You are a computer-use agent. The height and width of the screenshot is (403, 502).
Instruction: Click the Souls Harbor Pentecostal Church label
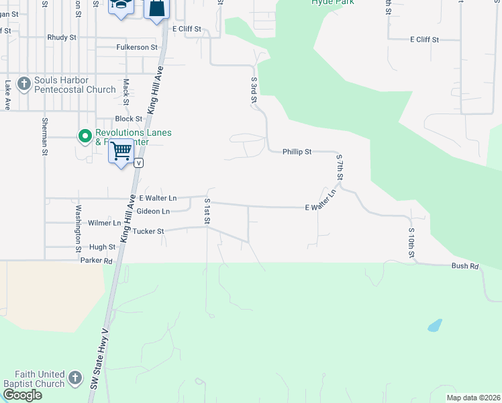[75, 85]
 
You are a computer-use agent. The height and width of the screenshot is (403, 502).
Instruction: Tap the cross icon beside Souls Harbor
[24, 85]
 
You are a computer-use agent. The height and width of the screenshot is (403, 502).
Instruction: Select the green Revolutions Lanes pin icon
[85, 137]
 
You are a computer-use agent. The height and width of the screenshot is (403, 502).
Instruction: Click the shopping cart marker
[121, 152]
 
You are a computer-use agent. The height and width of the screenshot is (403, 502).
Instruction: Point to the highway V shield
[139, 163]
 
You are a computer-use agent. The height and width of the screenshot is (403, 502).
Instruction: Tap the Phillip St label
[297, 152]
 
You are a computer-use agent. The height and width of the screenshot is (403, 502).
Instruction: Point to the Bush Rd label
[464, 267]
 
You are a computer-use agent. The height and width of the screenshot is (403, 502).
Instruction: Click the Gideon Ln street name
[153, 211]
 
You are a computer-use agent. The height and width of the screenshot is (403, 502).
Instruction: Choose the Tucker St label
[148, 231]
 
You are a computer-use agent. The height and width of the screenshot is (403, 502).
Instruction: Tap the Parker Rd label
[96, 260]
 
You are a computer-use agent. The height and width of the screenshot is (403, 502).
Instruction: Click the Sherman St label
[44, 137]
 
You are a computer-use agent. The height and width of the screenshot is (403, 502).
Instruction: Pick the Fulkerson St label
[136, 47]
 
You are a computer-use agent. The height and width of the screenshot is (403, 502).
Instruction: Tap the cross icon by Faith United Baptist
[75, 378]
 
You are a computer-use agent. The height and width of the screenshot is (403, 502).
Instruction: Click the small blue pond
[435, 326]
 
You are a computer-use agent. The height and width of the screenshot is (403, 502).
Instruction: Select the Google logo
[22, 395]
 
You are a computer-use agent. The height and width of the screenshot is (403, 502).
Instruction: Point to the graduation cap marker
[121, 6]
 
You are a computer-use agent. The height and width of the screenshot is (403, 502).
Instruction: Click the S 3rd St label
[254, 91]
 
